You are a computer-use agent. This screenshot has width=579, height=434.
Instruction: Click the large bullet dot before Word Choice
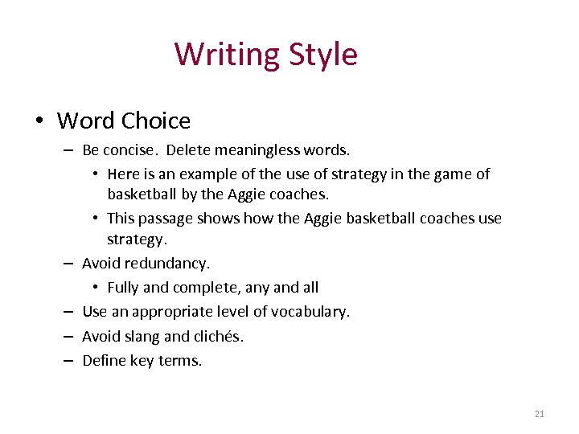[x=38, y=122]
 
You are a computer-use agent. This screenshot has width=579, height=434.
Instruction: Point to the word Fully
[x=122, y=287]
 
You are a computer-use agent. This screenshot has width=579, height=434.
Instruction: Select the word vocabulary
[x=310, y=311]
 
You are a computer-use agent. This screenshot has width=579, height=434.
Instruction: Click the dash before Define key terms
[x=67, y=361]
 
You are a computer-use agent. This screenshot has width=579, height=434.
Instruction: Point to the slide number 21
[x=539, y=414]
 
